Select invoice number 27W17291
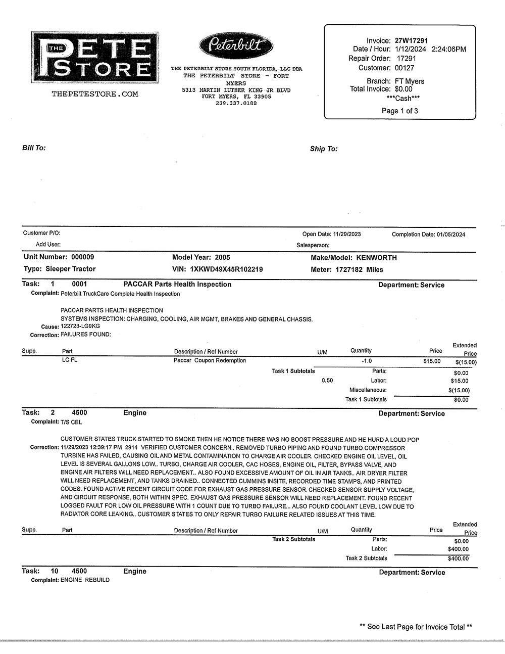tap(411, 40)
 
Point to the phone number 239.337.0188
tap(236, 103)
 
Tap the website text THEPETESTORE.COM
tap(94, 94)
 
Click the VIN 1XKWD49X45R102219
tap(226, 269)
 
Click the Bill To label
tap(34, 148)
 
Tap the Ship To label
tap(324, 149)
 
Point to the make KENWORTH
tap(376, 258)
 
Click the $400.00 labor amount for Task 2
tap(458, 549)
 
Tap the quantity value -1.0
tap(367, 361)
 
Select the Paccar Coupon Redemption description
tap(210, 361)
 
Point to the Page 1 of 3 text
tap(399, 111)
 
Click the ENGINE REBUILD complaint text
tap(85, 580)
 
